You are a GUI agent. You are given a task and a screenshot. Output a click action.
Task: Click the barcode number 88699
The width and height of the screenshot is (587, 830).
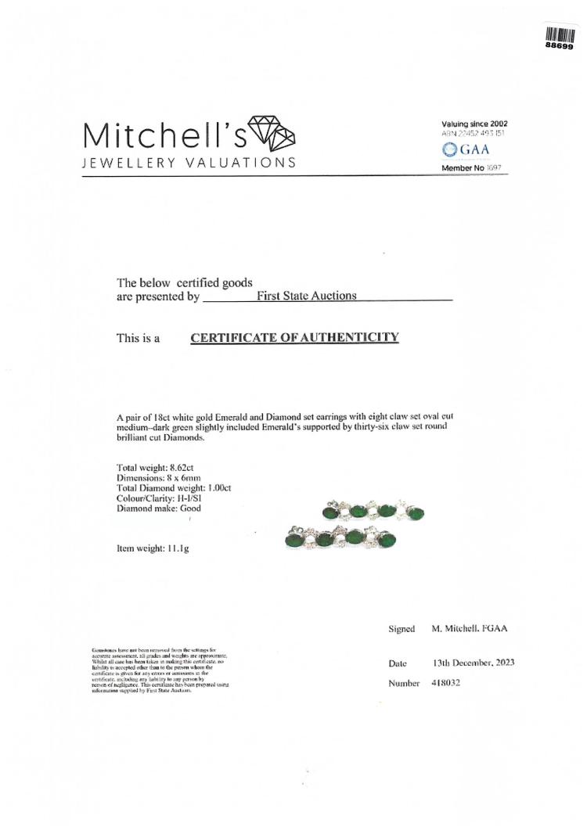(560, 46)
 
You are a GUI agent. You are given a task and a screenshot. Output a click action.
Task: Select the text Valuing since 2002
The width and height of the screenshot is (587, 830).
(474, 124)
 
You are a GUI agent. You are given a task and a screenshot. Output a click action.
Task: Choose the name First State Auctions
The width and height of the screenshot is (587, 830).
(306, 296)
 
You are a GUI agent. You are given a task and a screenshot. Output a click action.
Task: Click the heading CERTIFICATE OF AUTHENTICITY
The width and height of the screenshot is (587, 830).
(295, 337)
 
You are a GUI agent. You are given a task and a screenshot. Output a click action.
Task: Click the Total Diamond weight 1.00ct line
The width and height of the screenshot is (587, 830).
(173, 488)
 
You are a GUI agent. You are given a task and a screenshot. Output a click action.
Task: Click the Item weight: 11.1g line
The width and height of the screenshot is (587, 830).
(152, 548)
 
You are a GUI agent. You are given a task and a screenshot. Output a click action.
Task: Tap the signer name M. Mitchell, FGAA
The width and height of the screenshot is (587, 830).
(474, 629)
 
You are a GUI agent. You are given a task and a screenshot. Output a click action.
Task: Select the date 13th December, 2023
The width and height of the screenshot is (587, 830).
(473, 663)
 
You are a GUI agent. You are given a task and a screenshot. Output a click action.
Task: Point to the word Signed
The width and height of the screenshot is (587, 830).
(402, 629)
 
